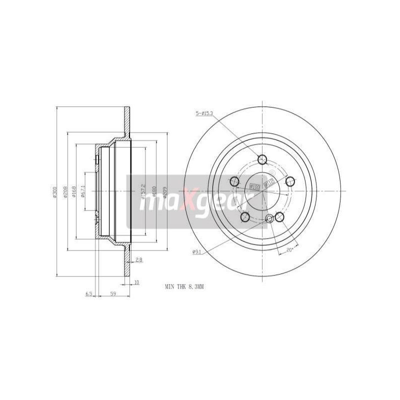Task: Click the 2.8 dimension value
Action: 139,260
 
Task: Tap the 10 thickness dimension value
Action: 136,282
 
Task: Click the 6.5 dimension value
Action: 89,294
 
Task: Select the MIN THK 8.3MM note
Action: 185,287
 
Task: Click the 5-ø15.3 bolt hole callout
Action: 204,114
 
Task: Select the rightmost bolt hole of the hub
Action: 289,181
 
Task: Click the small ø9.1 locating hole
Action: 270,218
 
